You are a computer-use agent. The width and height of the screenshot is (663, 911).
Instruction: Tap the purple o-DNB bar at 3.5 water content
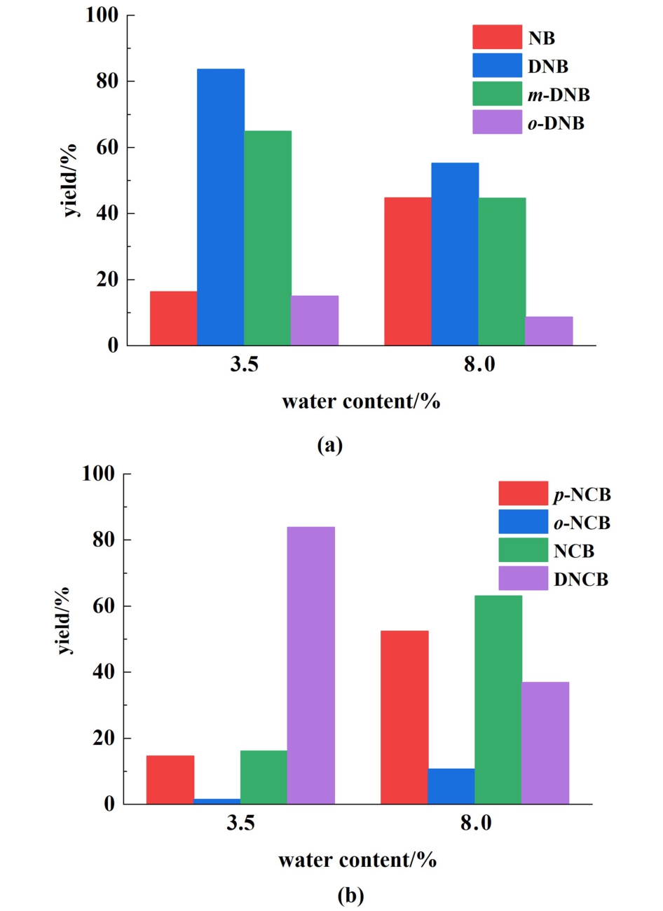pos(315,320)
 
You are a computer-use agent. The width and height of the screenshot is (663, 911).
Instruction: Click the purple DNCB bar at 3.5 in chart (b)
pos(311,665)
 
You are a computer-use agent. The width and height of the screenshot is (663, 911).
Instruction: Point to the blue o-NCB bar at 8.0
pos(451,786)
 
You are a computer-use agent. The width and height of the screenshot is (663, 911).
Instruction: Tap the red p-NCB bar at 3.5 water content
pos(170,779)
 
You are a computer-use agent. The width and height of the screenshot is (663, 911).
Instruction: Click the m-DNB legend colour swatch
pos(497,94)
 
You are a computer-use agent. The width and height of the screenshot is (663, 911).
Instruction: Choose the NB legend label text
pos(542,39)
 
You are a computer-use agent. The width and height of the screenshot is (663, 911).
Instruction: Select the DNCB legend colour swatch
pos(523,579)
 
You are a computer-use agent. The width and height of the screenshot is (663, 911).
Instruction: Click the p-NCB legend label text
pos(582,495)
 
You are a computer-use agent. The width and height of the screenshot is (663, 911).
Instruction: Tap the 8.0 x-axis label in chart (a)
pos(479,365)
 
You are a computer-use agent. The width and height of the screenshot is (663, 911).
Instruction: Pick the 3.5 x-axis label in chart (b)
pos(240,823)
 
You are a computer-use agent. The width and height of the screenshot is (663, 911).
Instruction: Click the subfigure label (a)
pos(330,444)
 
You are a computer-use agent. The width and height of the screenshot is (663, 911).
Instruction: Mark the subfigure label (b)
pos(350,895)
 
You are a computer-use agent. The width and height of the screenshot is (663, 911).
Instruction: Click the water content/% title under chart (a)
pos(361,402)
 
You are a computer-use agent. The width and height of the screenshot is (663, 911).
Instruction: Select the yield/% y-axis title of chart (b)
pos(65,620)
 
